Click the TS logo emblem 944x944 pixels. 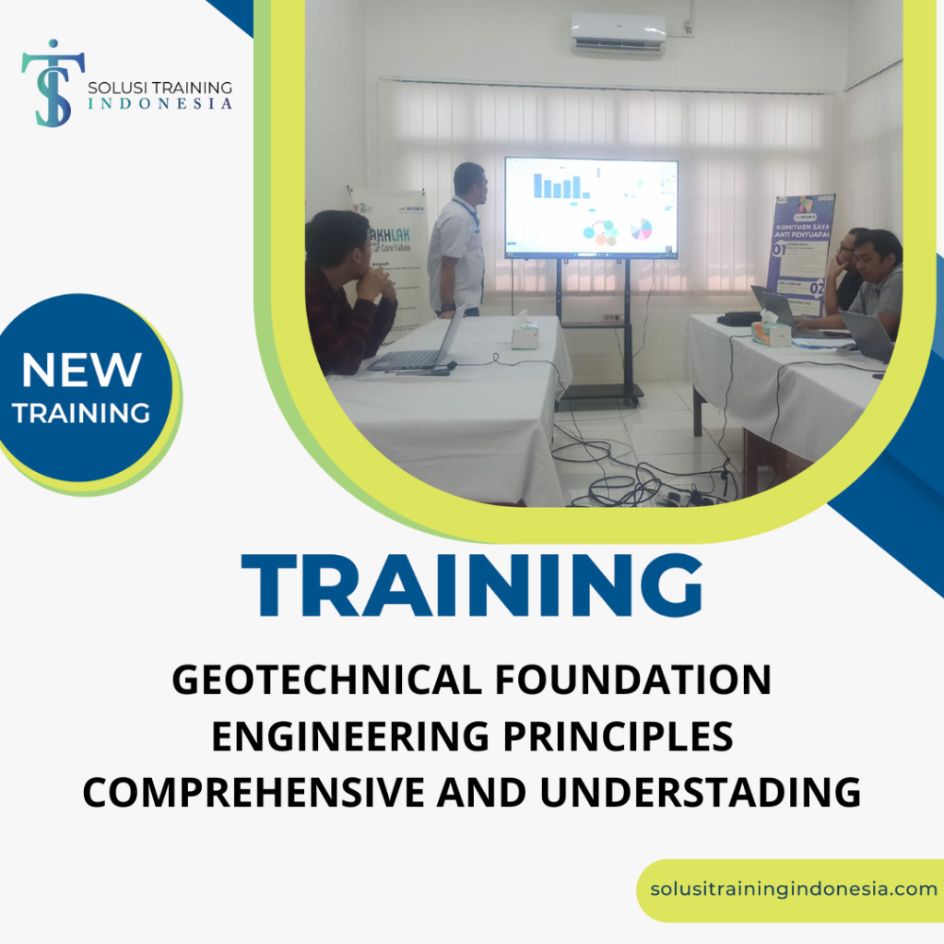(x=53, y=82)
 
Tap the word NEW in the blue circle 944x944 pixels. (x=81, y=371)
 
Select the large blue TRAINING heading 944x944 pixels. (x=471, y=586)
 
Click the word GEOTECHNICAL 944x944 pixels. (x=324, y=681)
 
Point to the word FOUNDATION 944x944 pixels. (x=632, y=681)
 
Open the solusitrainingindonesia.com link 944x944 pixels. (x=793, y=890)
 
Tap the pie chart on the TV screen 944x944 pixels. (x=642, y=229)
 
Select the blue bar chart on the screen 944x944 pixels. (x=560, y=186)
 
